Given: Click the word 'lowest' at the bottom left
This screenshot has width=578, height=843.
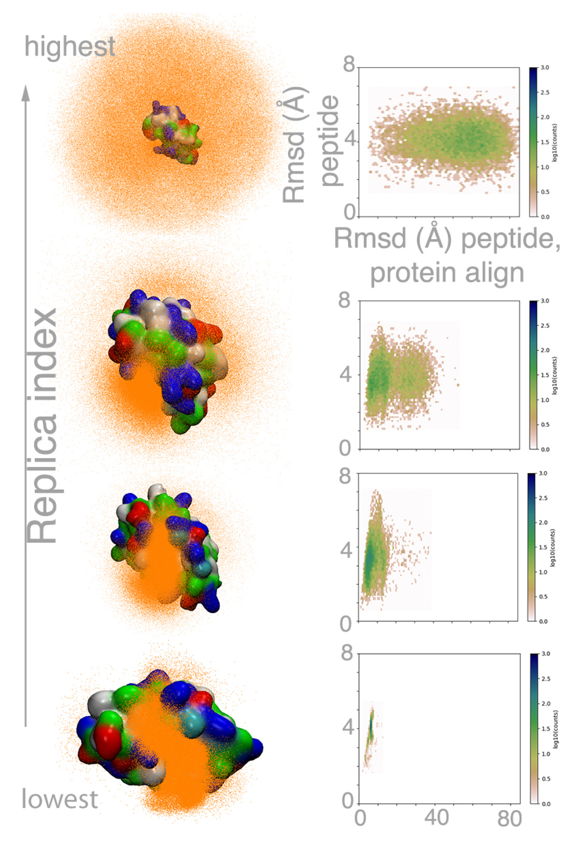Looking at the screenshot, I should click(60, 799).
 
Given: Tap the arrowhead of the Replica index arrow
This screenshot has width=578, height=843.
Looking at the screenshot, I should click(25, 93).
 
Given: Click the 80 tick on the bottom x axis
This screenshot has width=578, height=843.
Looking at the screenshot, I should click(510, 819).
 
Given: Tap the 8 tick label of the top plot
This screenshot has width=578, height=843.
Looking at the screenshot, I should click(348, 66).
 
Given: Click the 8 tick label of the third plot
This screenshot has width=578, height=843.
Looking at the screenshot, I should click(345, 476).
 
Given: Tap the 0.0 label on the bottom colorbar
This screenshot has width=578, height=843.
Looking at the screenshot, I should click(546, 804).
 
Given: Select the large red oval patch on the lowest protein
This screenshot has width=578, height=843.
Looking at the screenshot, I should click(107, 736).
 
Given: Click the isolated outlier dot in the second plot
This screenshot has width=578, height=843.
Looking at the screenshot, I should click(458, 385).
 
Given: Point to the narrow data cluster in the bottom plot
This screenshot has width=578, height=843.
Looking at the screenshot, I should click(370, 729).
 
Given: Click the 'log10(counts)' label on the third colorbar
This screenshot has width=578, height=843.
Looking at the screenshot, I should click(554, 548).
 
